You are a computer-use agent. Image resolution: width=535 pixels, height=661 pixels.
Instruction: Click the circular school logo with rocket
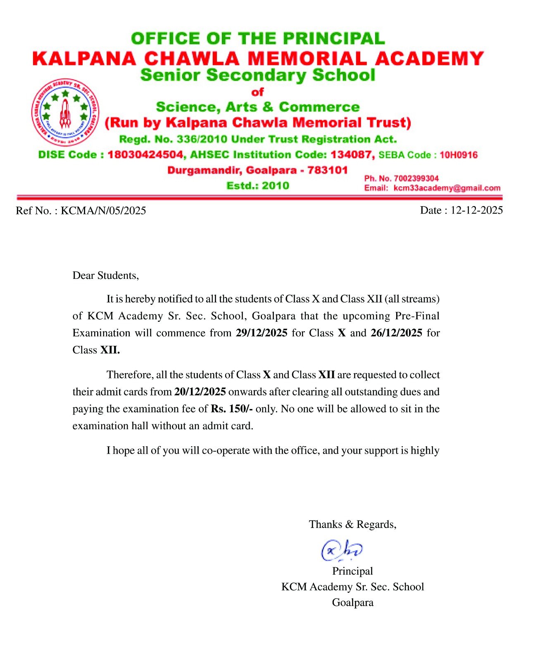[65, 112]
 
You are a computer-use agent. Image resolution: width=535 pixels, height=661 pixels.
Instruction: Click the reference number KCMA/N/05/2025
[103, 211]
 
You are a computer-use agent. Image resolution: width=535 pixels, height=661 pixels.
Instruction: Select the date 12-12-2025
[476, 210]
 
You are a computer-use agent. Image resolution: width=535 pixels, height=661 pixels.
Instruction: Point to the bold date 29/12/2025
[262, 333]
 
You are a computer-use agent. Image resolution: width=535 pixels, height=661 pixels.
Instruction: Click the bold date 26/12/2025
[396, 333]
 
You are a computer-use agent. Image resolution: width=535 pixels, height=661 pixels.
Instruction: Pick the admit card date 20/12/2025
[200, 392]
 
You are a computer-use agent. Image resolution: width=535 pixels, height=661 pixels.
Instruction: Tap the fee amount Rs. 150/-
[232, 409]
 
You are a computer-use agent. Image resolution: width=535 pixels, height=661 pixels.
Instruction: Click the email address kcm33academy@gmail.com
[447, 188]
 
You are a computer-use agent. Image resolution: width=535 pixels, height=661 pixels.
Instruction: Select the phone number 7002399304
[416, 178]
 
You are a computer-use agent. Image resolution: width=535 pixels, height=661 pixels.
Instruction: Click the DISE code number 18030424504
[145, 155]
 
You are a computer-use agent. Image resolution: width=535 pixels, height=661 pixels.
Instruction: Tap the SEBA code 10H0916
[459, 155]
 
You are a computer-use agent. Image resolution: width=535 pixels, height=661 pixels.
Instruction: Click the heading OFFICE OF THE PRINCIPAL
[258, 38]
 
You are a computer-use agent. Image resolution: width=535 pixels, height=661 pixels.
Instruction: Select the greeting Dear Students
[106, 276]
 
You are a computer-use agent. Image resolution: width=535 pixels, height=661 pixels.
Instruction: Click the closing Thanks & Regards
[352, 524]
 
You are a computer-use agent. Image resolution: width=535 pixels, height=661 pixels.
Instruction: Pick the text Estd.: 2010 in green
[258, 185]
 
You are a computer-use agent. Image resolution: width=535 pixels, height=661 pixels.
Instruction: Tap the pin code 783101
[327, 170]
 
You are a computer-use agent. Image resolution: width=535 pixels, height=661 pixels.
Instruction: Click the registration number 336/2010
[202, 139]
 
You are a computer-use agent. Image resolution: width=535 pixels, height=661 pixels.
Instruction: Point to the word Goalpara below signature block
[352, 602]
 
